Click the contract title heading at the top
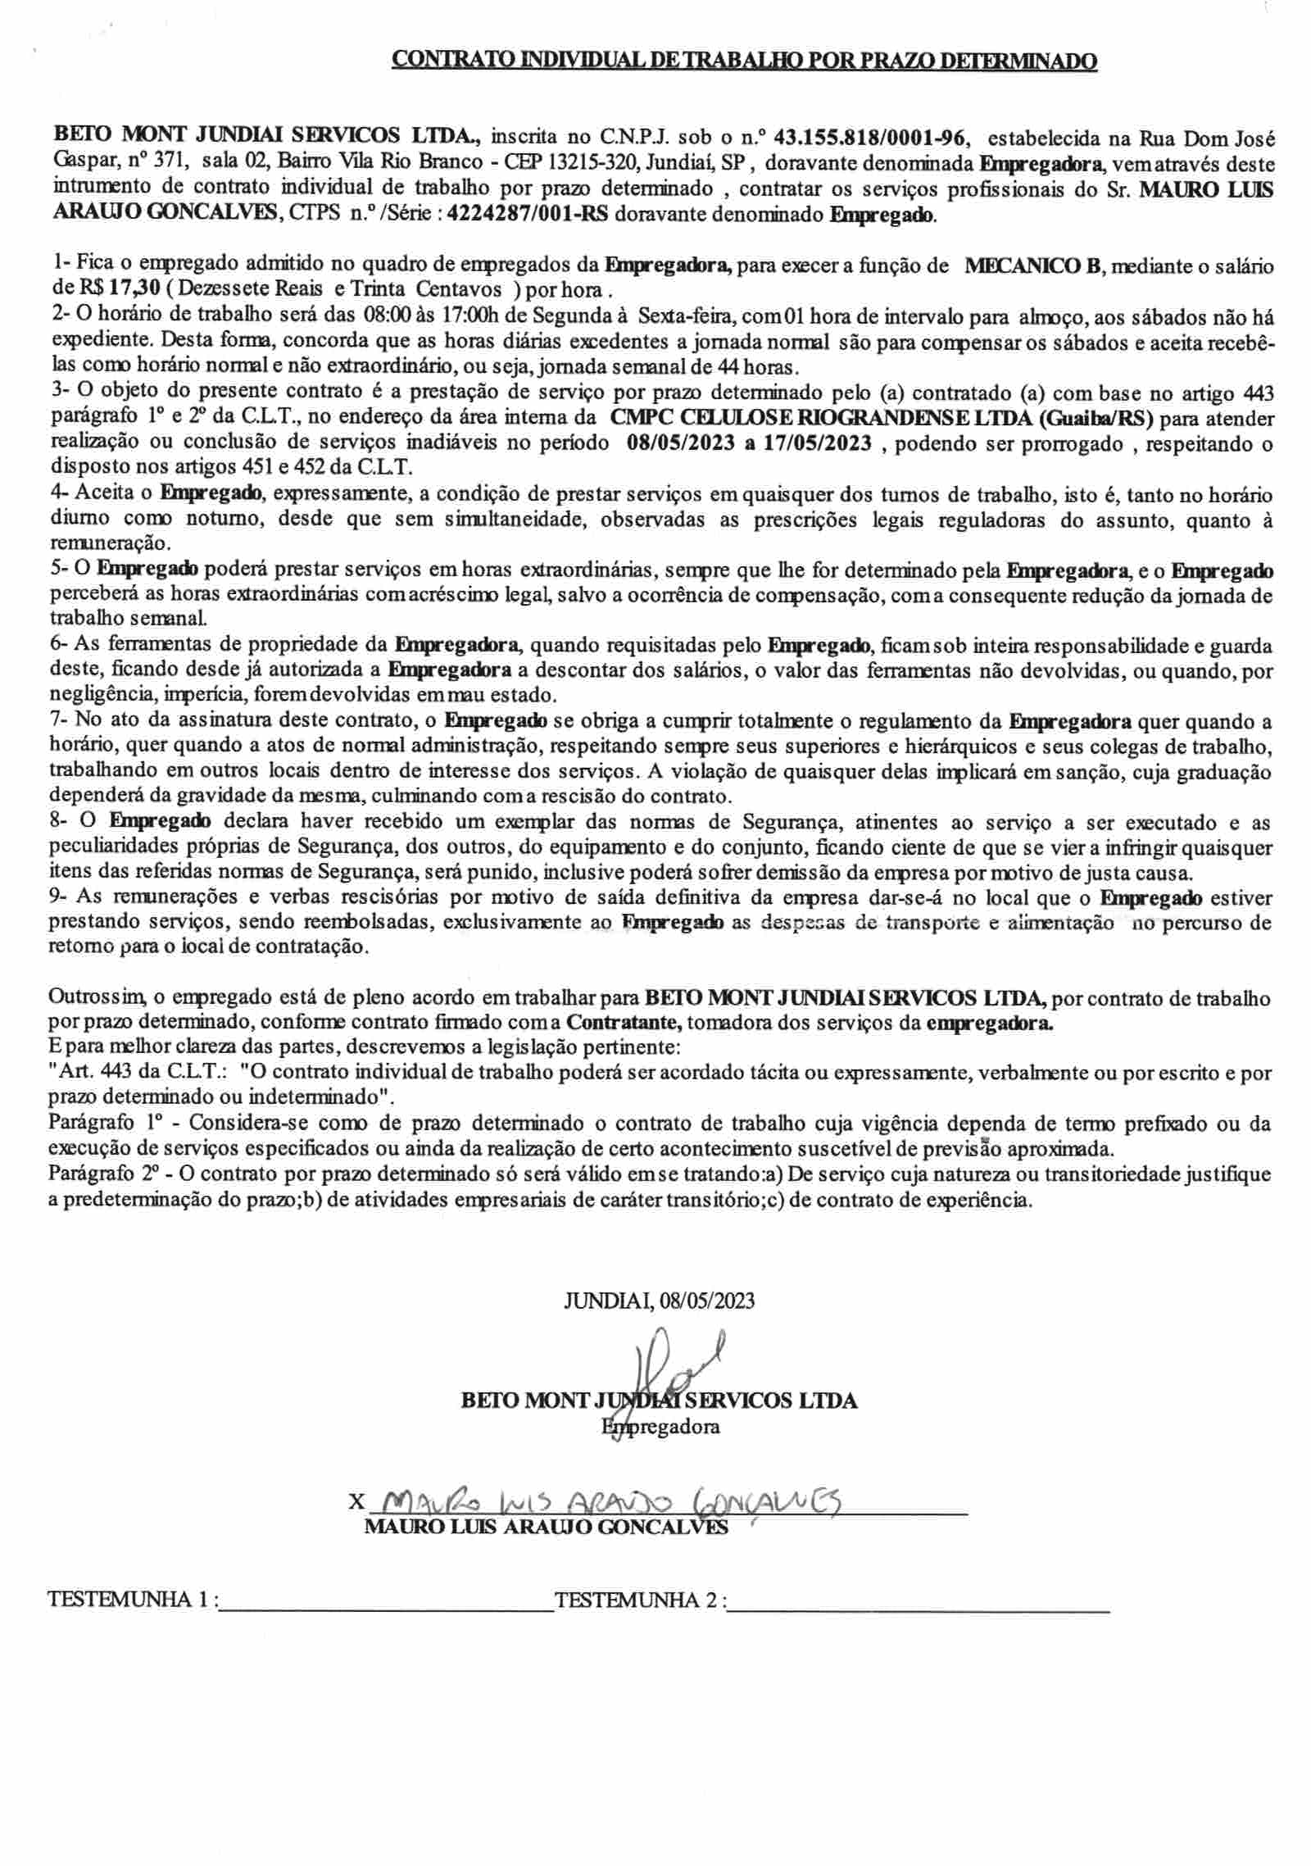click(x=744, y=61)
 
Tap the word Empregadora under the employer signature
click(x=660, y=1427)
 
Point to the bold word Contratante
click(x=618, y=1023)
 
